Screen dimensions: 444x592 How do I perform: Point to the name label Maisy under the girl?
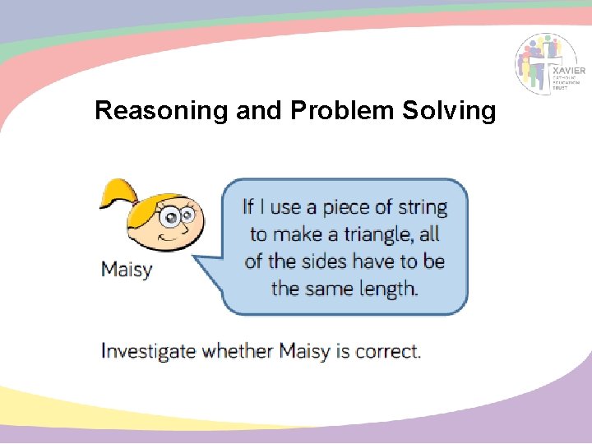pyautogui.click(x=127, y=269)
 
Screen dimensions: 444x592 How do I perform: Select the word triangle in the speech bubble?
pyautogui.click(x=371, y=234)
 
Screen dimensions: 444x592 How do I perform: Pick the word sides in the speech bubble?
pyautogui.click(x=324, y=261)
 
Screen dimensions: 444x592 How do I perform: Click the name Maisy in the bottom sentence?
pyautogui.click(x=304, y=352)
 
